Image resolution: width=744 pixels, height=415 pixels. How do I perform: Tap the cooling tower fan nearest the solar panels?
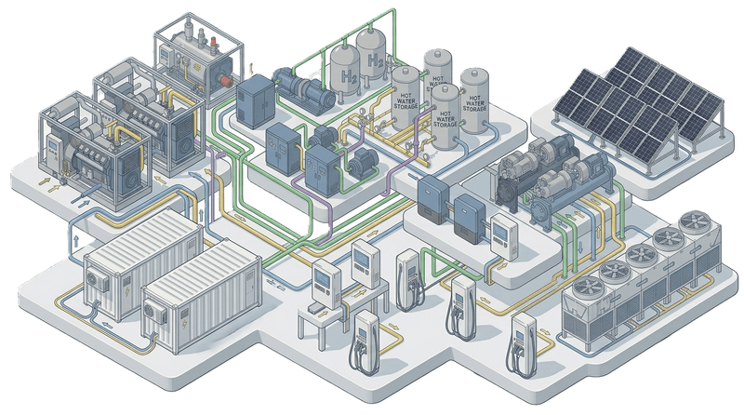(694, 221)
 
